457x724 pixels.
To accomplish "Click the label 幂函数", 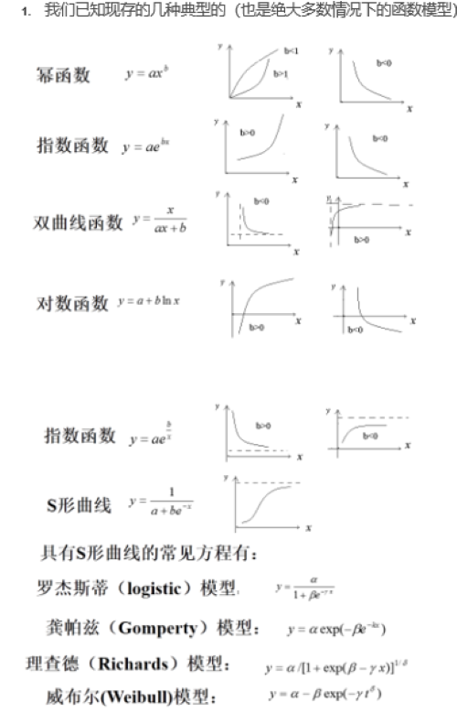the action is click(x=63, y=74).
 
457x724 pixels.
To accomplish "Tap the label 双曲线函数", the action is click(x=78, y=222).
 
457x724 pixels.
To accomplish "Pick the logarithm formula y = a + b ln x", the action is click(x=148, y=302).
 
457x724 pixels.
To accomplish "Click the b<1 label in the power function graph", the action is click(x=291, y=51).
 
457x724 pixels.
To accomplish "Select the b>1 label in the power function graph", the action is click(x=280, y=73).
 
